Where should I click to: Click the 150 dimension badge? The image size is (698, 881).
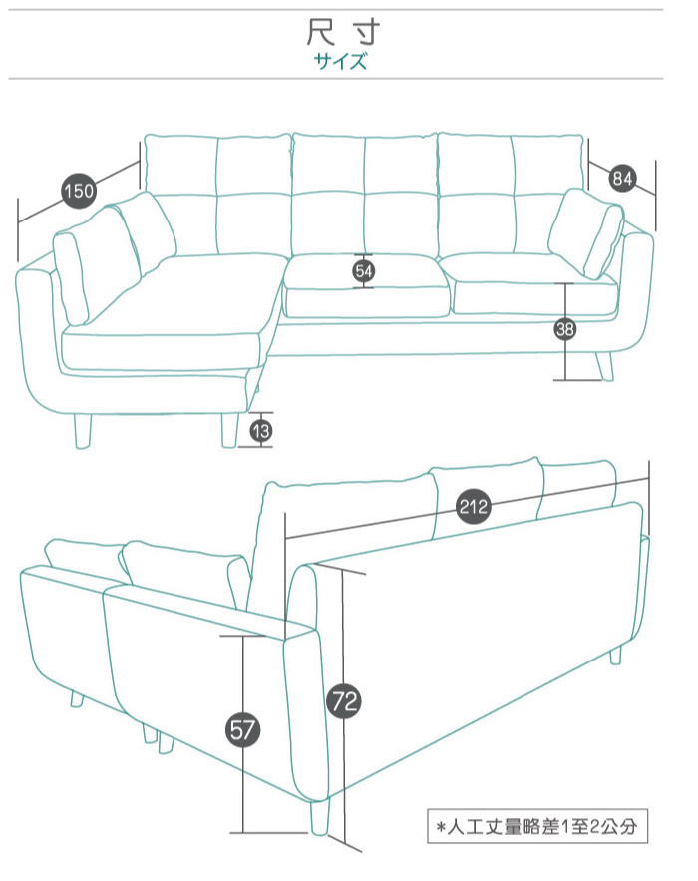79,191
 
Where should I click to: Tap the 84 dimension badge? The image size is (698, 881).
622,179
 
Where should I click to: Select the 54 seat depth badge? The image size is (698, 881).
363,272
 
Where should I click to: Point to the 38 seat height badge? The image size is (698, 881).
565,329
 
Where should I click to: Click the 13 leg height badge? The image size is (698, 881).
261,431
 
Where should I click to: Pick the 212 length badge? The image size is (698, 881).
473,507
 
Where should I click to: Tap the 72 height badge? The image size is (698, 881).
344,701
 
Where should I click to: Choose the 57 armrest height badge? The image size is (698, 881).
242,730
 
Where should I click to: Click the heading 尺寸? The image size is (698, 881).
343,32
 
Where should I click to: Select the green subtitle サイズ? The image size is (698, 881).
340,61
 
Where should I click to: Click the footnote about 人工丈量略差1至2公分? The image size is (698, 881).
537,826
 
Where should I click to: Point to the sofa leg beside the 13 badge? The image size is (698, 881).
229,431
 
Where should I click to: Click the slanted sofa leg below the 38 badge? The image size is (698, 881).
605,366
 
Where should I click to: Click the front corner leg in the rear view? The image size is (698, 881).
319,817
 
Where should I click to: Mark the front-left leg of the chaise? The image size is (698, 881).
83,431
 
